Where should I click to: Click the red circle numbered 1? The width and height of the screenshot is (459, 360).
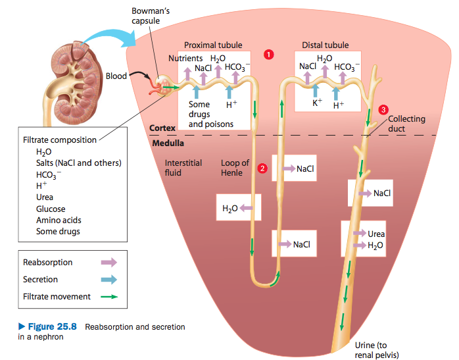(268, 54)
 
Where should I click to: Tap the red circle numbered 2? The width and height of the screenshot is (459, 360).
(262, 168)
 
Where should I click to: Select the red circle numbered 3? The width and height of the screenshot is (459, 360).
(383, 110)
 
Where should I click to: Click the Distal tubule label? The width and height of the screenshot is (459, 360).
(326, 45)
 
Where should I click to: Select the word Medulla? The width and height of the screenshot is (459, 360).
(168, 143)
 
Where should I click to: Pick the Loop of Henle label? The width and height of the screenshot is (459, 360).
(235, 168)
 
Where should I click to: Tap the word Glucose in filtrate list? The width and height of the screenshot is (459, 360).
(51, 209)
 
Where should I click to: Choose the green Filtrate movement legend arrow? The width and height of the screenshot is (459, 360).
(109, 297)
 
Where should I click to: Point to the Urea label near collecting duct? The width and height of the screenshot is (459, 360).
(377, 234)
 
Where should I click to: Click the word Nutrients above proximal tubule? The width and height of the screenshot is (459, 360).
(185, 59)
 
